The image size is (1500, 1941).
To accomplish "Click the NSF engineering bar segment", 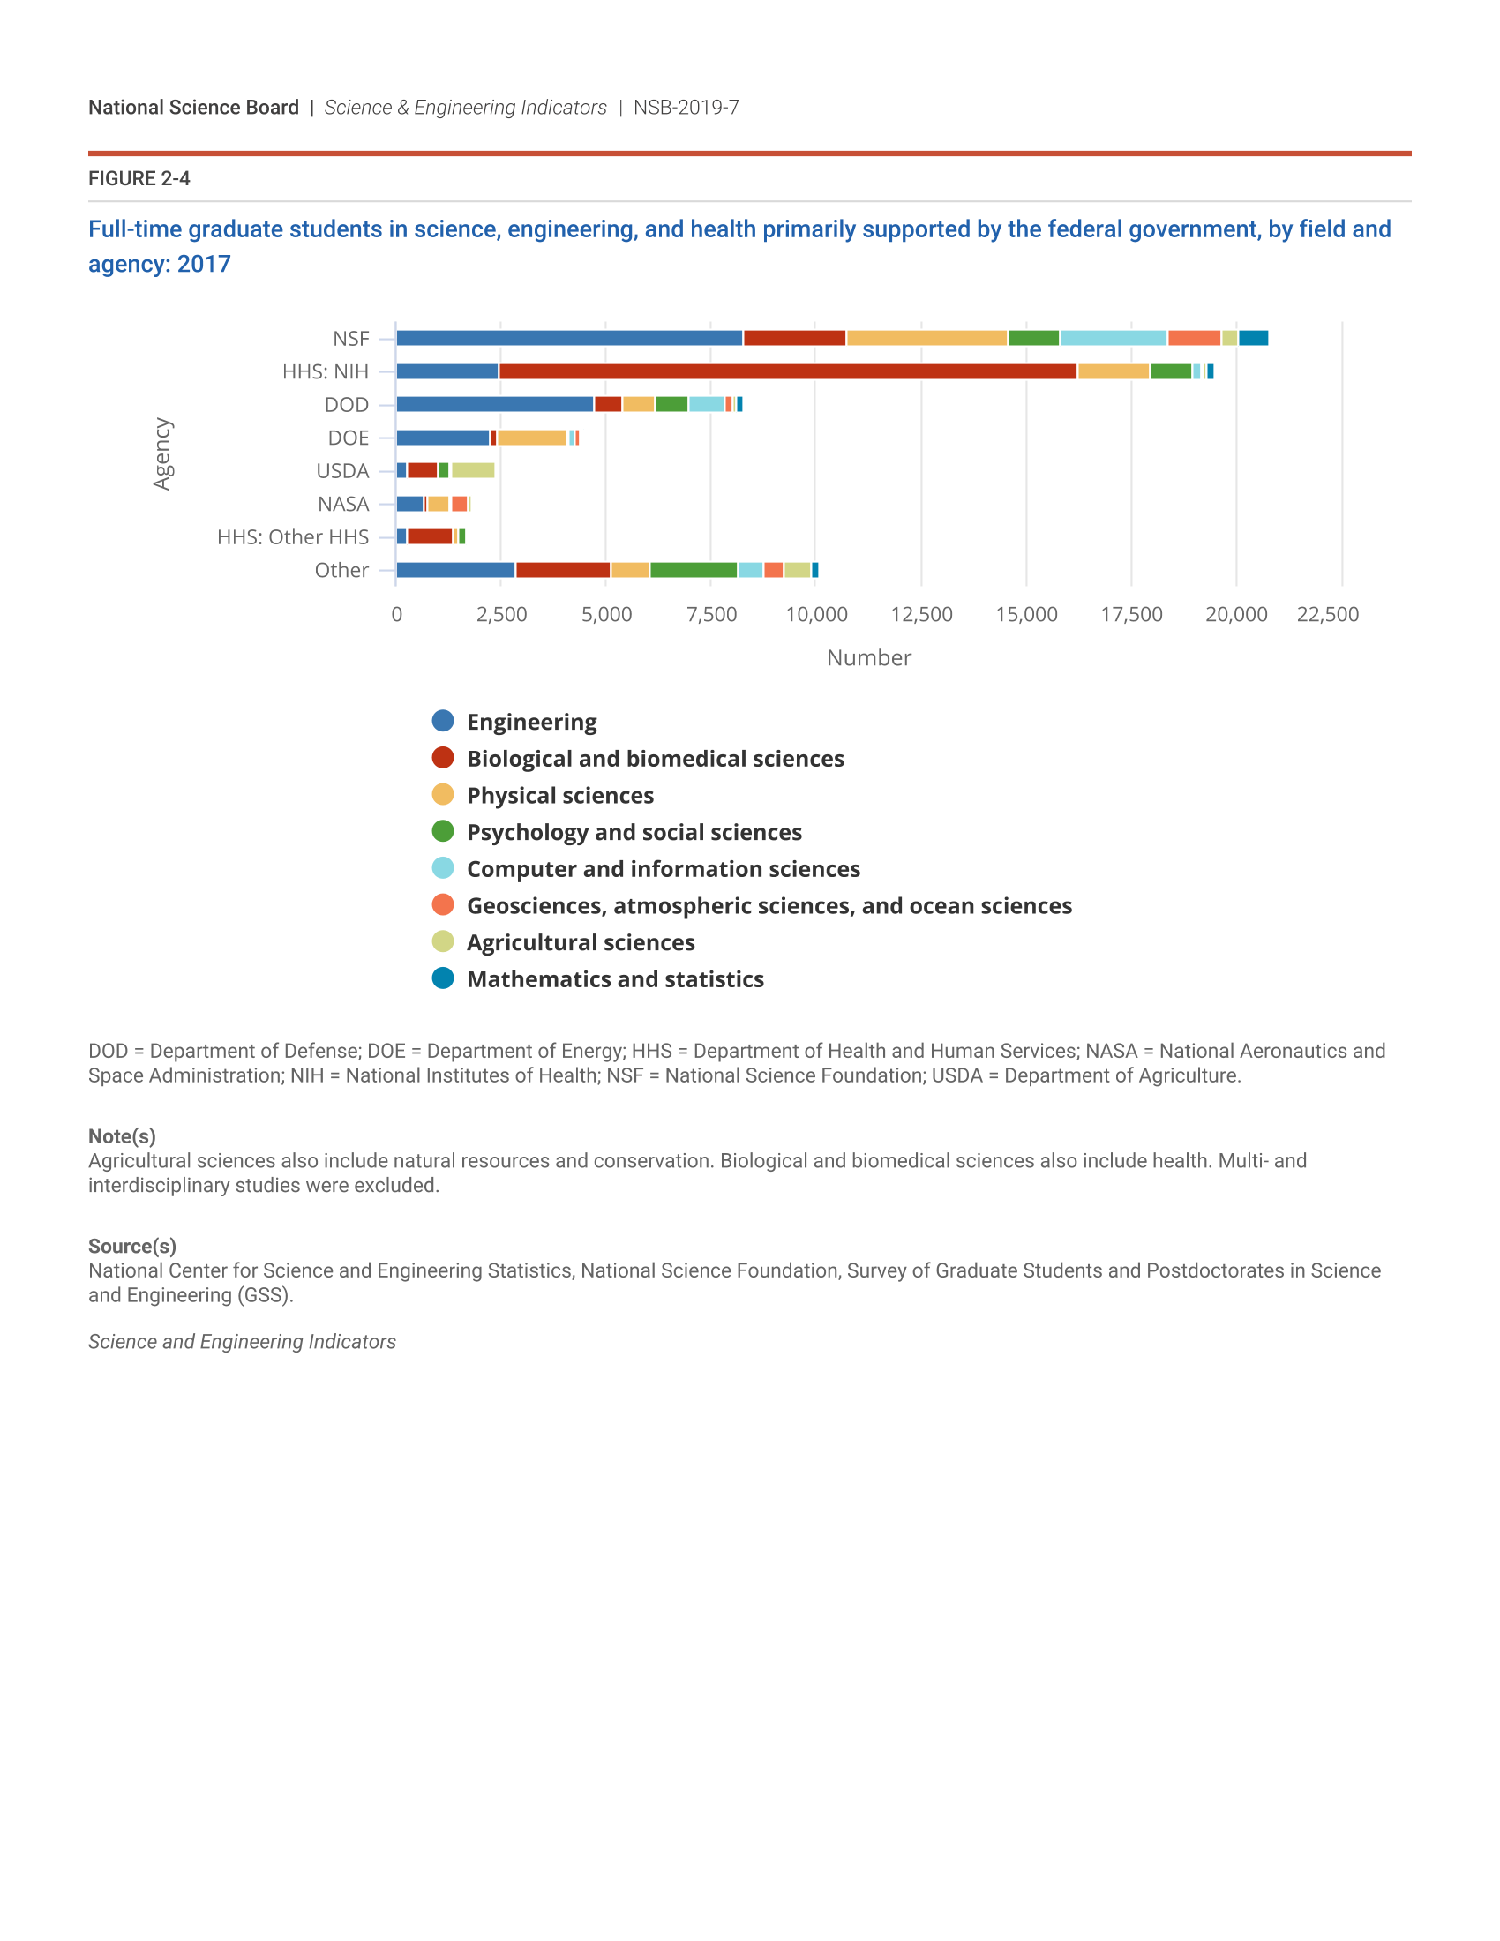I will click(569, 338).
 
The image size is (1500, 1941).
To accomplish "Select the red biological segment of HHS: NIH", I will click(787, 371).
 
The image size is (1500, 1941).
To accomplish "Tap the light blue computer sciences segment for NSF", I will click(1113, 338).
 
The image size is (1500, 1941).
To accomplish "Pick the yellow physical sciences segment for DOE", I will click(531, 438).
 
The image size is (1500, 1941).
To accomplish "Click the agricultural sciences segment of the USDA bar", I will click(473, 470).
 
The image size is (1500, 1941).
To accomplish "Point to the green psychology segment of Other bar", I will click(694, 570).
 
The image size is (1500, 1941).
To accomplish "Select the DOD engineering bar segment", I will click(494, 404).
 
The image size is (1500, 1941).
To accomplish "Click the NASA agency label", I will click(343, 504).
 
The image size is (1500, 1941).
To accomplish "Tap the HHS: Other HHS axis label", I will click(292, 536).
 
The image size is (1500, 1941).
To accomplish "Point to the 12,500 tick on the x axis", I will click(921, 614).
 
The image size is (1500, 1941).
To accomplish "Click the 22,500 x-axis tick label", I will click(1328, 614).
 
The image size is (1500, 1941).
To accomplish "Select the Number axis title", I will click(868, 657).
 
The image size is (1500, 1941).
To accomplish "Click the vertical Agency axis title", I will click(161, 454).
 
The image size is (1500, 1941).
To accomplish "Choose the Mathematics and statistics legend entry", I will click(615, 979).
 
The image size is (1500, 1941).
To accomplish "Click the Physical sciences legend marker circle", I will click(443, 795).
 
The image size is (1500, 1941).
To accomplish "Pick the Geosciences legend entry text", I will click(769, 905).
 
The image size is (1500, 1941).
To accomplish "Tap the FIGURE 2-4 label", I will click(139, 178).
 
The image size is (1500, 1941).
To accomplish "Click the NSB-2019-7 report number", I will click(686, 108).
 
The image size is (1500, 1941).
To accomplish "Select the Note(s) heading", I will click(122, 1135).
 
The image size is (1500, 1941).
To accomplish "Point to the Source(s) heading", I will click(131, 1246).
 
